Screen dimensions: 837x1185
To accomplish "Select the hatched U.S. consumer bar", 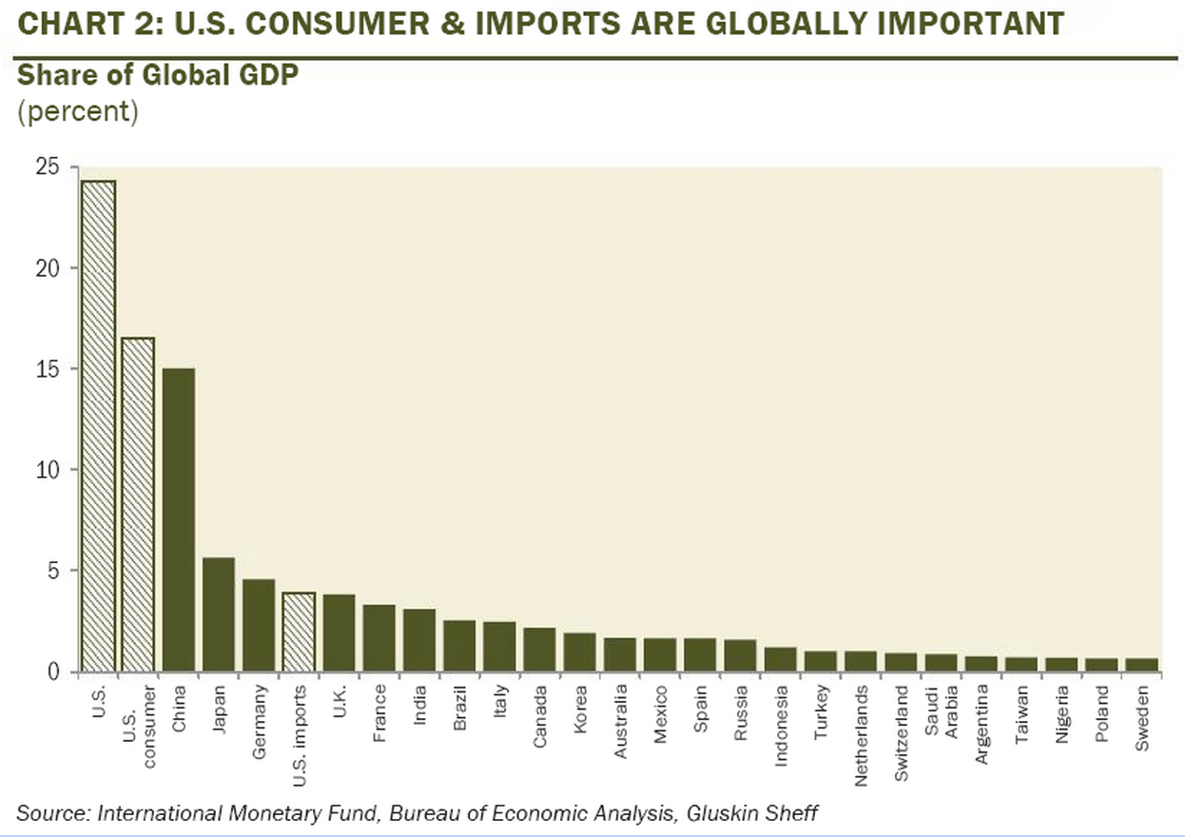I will [x=138, y=505].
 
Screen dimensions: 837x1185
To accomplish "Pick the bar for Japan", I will [x=218, y=614].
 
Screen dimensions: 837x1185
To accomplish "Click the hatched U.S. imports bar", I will [x=299, y=632].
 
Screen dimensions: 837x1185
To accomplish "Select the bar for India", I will [x=419, y=640].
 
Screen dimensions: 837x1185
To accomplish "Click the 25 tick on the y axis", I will [x=47, y=168].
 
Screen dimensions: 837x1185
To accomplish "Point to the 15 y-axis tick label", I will [x=47, y=369].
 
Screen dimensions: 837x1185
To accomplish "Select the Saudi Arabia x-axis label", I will [x=941, y=729].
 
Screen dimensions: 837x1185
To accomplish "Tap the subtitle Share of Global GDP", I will [x=157, y=75].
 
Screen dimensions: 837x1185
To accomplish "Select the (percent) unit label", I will [x=77, y=111].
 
